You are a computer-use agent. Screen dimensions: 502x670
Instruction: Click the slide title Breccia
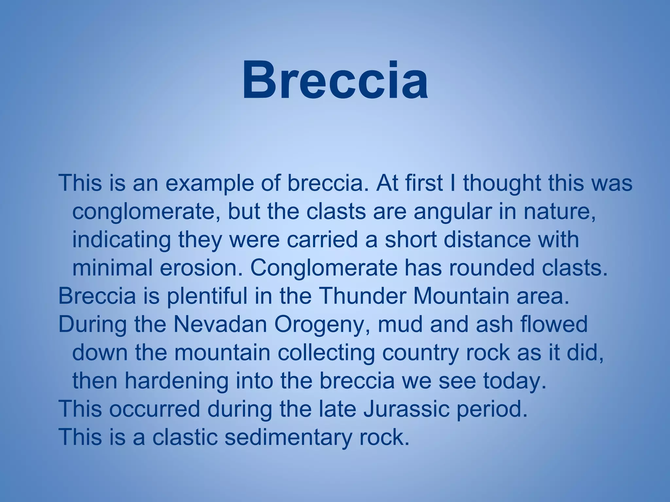335,80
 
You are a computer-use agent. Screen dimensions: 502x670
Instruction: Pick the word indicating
121,240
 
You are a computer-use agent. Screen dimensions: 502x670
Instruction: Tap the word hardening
176,381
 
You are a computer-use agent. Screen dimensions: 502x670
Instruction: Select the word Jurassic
406,409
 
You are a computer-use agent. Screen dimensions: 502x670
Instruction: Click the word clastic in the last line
185,437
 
